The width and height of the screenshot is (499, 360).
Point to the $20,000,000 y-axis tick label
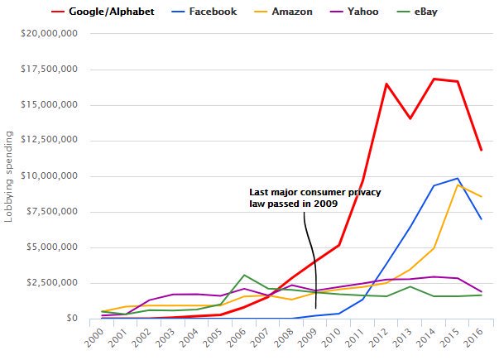[51, 34]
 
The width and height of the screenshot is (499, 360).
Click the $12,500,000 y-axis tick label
[51, 141]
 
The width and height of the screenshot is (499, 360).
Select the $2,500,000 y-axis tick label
[55, 283]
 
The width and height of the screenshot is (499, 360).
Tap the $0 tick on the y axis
[72, 319]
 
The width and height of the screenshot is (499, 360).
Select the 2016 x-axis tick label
[474, 337]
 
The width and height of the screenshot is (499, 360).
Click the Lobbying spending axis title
[10, 175]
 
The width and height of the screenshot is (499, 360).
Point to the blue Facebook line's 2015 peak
[458, 178]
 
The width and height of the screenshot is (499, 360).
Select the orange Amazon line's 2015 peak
[458, 185]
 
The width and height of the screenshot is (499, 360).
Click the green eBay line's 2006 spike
[244, 275]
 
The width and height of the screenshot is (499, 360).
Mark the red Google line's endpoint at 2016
[481, 150]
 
